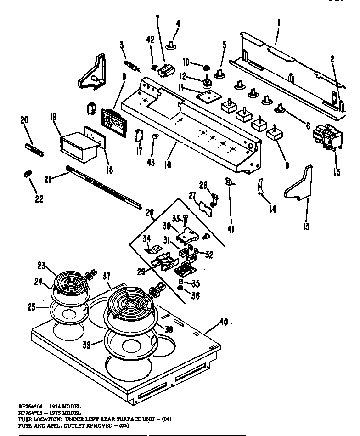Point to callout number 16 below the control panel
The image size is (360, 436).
tap(168, 164)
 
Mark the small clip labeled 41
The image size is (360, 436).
tap(228, 181)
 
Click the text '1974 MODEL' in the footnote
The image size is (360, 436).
tap(63, 407)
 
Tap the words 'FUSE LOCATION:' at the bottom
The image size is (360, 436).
tap(34, 419)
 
